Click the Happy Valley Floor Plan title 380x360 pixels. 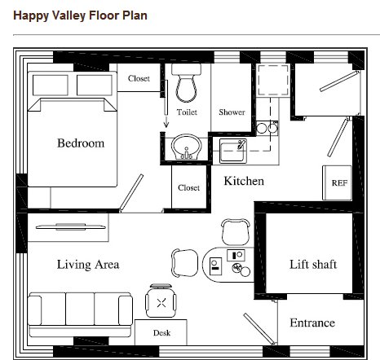[80, 15]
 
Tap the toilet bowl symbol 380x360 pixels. [186, 83]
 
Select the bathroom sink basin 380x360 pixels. [186, 147]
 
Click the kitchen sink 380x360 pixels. [233, 151]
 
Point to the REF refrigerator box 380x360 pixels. [337, 182]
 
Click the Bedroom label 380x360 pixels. [81, 143]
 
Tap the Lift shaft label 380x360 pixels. [313, 264]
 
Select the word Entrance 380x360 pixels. [312, 323]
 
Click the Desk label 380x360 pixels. [161, 333]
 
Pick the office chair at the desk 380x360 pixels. [161, 301]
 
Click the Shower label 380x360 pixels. [232, 112]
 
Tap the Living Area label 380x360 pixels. [88, 265]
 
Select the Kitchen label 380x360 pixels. [244, 181]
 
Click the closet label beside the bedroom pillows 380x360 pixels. [139, 78]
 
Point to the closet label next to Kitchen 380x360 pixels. [188, 187]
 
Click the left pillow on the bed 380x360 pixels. [51, 86]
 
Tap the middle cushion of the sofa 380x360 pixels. [80, 309]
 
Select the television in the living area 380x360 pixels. [71, 226]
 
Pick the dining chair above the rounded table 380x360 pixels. [236, 231]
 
